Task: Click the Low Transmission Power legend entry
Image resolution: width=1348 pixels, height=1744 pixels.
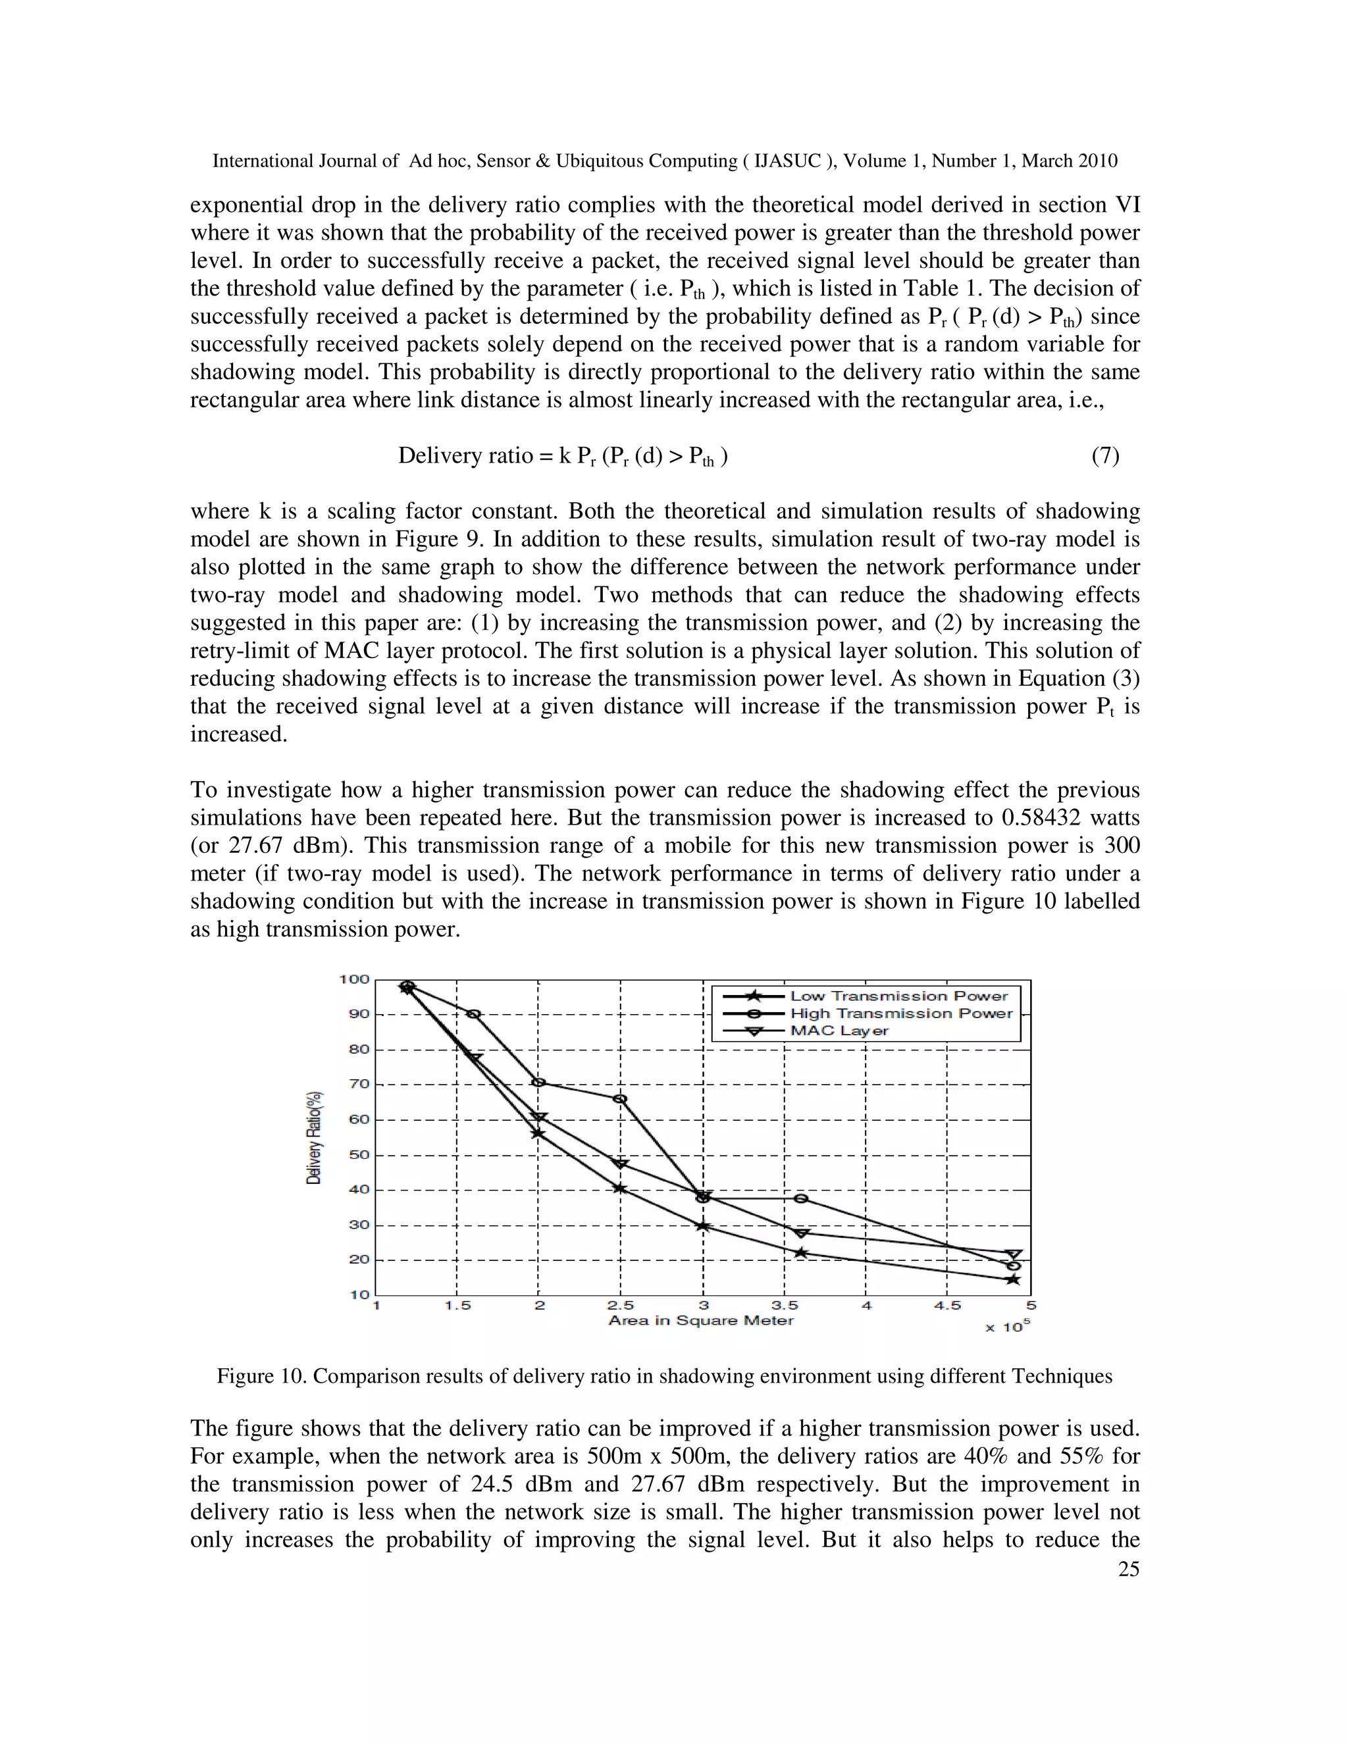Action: coord(898,996)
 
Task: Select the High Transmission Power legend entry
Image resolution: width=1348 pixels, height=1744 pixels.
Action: coord(901,1013)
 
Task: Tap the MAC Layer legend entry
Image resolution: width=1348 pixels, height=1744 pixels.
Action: coord(839,1031)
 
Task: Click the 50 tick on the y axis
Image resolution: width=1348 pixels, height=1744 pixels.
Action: coord(359,1156)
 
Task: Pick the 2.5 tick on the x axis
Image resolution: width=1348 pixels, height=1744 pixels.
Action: coord(621,1306)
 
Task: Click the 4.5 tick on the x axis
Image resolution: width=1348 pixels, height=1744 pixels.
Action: coord(947,1306)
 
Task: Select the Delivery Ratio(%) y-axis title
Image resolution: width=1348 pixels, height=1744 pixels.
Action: coord(315,1137)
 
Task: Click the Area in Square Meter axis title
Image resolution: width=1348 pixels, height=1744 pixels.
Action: coord(701,1321)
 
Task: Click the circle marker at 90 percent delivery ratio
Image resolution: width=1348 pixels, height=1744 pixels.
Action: coord(473,1014)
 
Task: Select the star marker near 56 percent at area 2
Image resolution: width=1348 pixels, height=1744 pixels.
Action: coord(538,1133)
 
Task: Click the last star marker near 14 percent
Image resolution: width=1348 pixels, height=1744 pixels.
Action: coord(1014,1279)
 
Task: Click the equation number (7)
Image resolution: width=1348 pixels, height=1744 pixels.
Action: coord(1105,456)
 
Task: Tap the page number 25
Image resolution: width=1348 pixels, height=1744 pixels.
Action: coord(1128,1569)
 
